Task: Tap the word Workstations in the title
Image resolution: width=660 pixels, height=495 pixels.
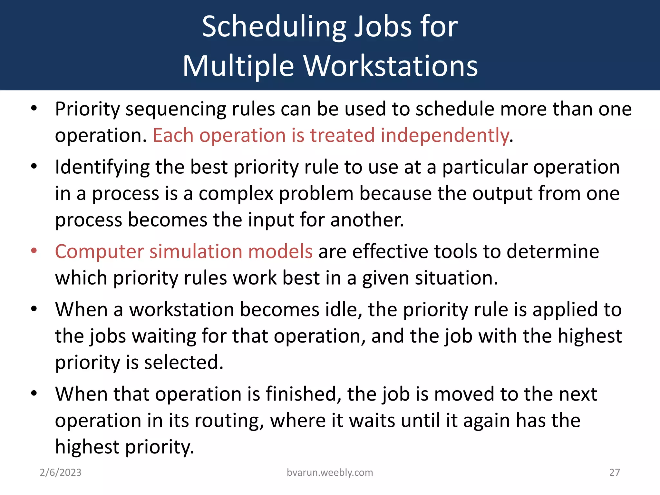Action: [391, 66]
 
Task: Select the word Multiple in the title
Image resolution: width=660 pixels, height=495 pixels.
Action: [238, 66]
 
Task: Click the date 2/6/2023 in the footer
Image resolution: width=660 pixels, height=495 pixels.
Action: [61, 472]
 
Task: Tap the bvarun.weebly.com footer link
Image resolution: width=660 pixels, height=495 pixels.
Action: [330, 472]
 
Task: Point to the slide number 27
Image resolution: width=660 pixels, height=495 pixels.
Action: [615, 472]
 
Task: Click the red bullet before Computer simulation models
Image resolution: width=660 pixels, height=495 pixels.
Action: [34, 251]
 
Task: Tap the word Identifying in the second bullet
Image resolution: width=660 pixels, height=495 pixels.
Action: [102, 168]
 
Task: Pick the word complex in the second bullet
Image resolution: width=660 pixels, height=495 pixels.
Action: [236, 194]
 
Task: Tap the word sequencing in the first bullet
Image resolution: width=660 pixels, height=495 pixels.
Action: [176, 110]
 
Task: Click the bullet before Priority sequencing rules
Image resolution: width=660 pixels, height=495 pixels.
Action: [34, 109]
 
